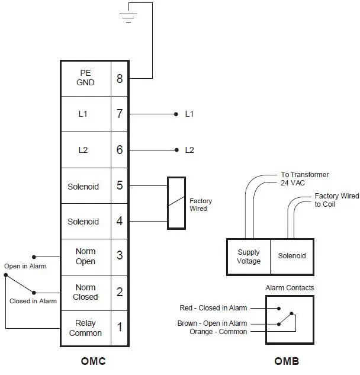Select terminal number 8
click(x=120, y=78)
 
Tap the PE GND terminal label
click(x=85, y=78)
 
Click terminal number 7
click(x=120, y=114)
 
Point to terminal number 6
click(x=120, y=150)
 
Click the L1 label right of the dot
click(x=189, y=114)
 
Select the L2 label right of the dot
click(x=189, y=150)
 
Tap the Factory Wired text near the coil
click(x=201, y=205)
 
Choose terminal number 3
click(x=120, y=256)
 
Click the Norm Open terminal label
click(x=85, y=257)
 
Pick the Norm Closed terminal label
click(x=85, y=292)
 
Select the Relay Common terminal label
click(x=85, y=328)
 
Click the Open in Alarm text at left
click(x=25, y=266)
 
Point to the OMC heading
click(x=93, y=361)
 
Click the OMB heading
click(x=287, y=361)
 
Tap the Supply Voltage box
click(x=249, y=257)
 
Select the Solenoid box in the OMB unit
click(x=292, y=256)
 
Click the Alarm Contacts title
click(x=290, y=288)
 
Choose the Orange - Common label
click(x=218, y=332)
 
